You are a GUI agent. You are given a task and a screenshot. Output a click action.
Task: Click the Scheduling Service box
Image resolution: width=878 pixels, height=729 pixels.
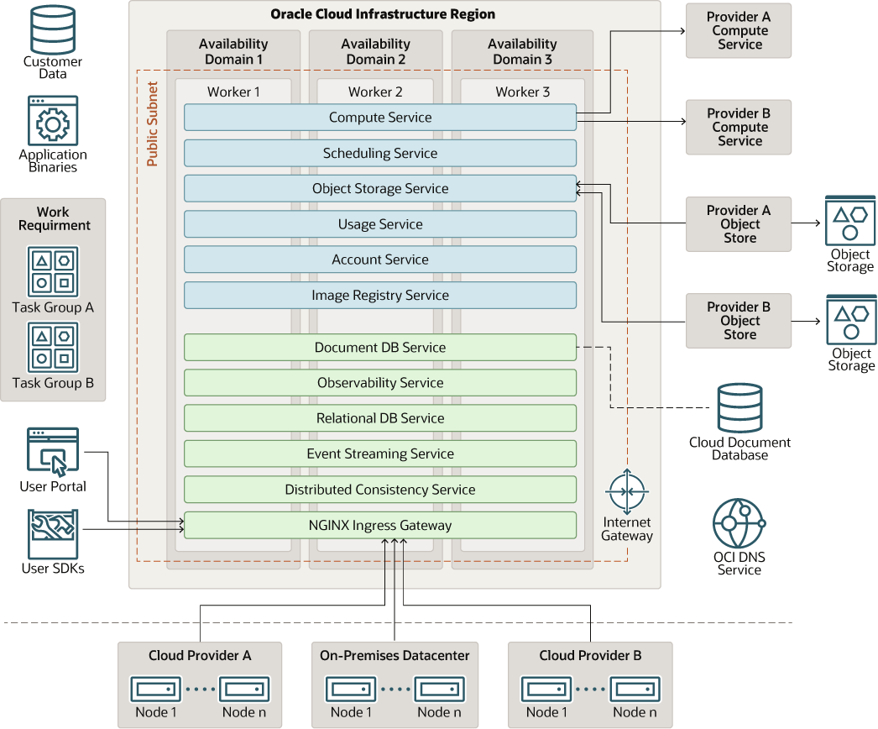(379, 153)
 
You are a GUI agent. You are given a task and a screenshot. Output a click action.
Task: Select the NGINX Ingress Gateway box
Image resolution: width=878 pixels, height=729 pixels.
(379, 525)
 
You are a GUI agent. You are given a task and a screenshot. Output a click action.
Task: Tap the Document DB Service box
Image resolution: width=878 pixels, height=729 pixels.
(379, 347)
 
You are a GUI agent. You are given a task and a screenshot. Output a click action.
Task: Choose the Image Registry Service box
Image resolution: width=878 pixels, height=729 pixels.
(379, 295)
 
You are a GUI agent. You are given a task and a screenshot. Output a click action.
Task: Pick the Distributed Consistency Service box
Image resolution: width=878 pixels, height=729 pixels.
(379, 489)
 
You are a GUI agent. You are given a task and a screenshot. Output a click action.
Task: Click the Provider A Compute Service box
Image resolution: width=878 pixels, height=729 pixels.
(739, 30)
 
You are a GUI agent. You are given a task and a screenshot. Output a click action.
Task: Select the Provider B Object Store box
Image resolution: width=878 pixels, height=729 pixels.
(739, 320)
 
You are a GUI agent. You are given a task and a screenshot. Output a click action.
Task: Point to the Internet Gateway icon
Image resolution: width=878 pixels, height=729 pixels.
(626, 493)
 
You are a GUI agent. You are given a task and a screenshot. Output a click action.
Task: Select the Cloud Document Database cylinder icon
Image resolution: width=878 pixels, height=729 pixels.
(740, 407)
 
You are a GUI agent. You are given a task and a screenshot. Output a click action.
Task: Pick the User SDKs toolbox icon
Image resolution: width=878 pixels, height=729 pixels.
(53, 533)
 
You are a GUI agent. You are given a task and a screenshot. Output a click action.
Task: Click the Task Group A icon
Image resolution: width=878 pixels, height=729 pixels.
(53, 271)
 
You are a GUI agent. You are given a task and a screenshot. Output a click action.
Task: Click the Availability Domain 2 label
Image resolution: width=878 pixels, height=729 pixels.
(375, 51)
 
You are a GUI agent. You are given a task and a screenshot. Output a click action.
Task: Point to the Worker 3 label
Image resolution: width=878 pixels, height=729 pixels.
(522, 92)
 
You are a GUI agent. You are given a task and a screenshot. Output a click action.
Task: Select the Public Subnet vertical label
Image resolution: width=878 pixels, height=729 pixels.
(152, 123)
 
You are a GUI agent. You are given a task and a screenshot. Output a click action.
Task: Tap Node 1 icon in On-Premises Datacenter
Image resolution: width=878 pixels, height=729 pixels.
(351, 689)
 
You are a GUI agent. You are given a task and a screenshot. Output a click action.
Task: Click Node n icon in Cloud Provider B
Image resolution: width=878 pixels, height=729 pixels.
(635, 689)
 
